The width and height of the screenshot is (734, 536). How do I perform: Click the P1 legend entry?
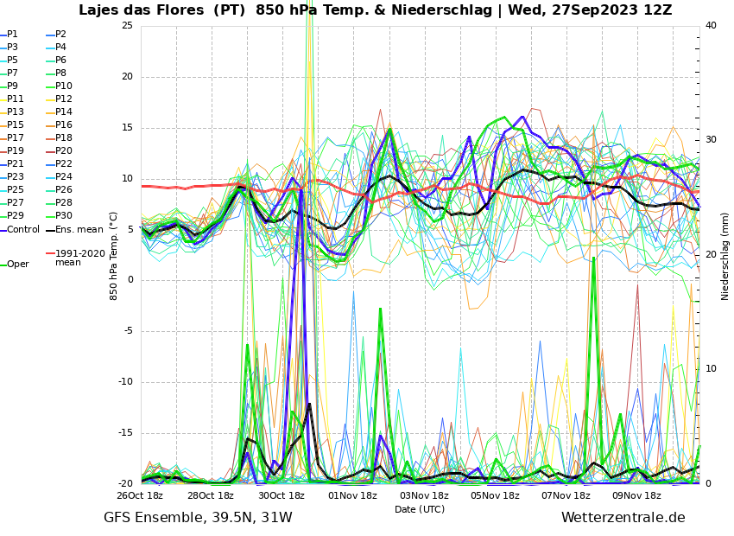coord(12,35)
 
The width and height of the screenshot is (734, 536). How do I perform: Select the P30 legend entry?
coord(63,216)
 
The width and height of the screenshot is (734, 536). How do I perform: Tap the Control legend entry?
coord(23,230)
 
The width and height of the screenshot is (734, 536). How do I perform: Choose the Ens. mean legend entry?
coord(79,230)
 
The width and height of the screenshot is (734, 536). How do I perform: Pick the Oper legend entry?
coord(18,265)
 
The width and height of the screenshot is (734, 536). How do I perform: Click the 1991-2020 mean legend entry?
coord(79,258)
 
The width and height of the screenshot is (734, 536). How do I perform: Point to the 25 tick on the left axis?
coord(127,25)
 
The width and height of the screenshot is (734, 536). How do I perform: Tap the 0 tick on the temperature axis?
coord(130,280)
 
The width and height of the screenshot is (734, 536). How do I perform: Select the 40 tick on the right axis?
coord(711,25)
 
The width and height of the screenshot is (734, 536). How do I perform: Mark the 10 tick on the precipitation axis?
coord(711,369)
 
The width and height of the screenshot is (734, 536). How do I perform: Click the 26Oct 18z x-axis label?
coord(141,496)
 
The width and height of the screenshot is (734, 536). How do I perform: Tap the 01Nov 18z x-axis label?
coord(353,496)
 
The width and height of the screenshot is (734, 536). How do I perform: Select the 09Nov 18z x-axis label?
coord(636,496)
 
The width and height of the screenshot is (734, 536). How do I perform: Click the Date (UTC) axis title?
coord(420,509)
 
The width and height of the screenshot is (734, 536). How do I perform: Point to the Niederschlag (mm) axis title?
coord(725,256)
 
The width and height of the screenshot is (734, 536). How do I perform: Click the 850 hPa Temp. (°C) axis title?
coord(114,256)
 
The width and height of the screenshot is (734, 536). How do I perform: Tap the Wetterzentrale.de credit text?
coord(623,518)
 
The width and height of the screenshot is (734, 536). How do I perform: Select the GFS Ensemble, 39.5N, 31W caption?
coord(198,518)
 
